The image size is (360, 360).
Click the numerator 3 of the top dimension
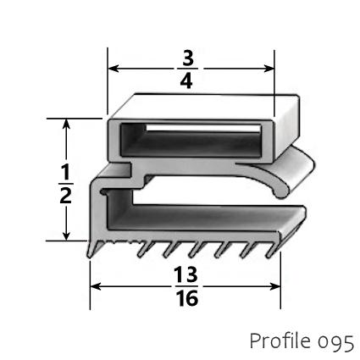click(x=188, y=58)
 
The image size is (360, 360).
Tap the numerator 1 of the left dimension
click(x=66, y=169)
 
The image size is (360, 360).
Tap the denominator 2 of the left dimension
click(x=66, y=194)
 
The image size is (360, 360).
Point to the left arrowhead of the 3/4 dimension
click(x=111, y=69)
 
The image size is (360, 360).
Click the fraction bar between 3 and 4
click(x=188, y=69)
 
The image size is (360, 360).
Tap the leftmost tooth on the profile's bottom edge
click(x=91, y=248)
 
